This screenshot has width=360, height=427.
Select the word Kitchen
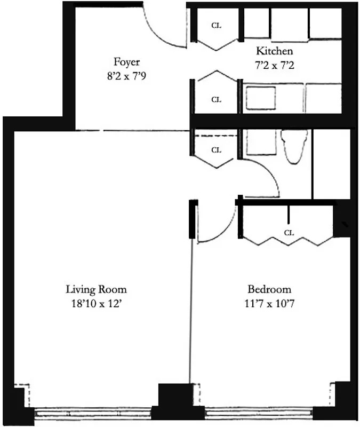275,51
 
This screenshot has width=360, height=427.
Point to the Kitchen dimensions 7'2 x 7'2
275,66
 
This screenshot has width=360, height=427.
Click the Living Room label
97,290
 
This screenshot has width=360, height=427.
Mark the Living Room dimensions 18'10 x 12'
97,305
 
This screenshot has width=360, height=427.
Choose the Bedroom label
269,290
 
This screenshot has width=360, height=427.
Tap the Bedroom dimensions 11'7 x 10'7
269,305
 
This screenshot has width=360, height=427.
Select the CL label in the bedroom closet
289,233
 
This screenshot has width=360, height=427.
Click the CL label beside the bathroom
216,150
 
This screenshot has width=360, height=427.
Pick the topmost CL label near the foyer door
216,25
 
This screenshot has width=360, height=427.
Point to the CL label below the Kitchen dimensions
216,99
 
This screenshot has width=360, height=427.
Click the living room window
93,413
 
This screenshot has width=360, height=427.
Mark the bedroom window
259,413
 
